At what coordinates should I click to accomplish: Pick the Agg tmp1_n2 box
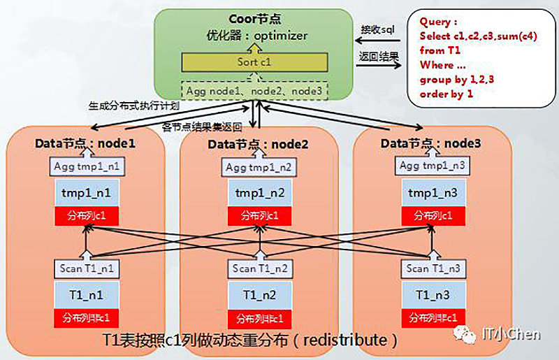click(x=258, y=168)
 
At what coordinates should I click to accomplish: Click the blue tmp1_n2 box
click(x=258, y=192)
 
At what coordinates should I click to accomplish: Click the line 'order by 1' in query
click(x=447, y=93)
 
